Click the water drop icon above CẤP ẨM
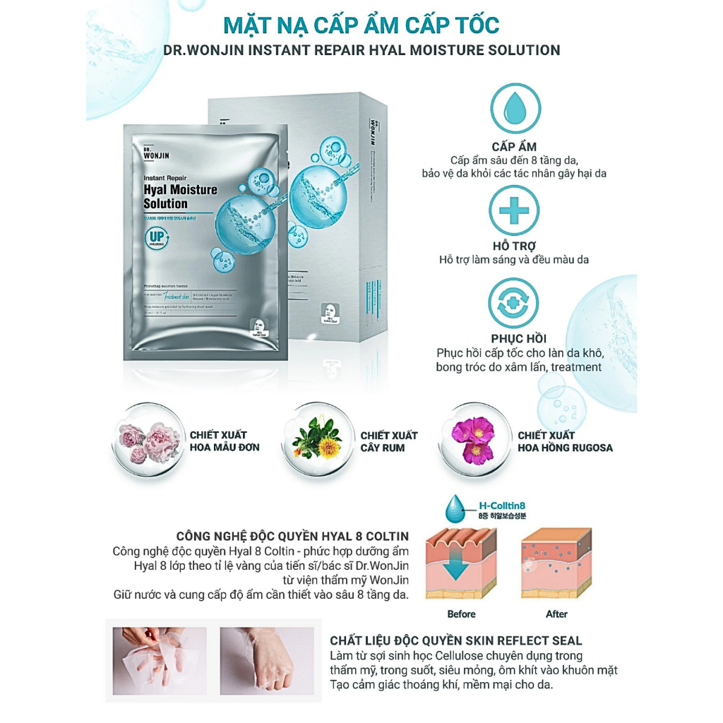pyautogui.click(x=515, y=108)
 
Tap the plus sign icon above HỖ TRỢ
pyautogui.click(x=515, y=210)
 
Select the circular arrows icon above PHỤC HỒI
pyautogui.click(x=515, y=304)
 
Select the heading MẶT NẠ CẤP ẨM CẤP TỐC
pyautogui.click(x=361, y=25)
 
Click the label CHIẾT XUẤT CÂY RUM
pyautogui.click(x=388, y=441)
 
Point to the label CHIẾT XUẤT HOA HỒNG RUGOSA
pyautogui.click(x=565, y=441)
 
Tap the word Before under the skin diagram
pyautogui.click(x=461, y=614)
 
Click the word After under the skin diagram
pyautogui.click(x=556, y=614)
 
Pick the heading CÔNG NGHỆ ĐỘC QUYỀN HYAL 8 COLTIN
pyautogui.click(x=292, y=537)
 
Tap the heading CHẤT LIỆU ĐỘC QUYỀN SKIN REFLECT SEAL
pyautogui.click(x=456, y=641)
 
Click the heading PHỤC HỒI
pyautogui.click(x=519, y=338)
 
